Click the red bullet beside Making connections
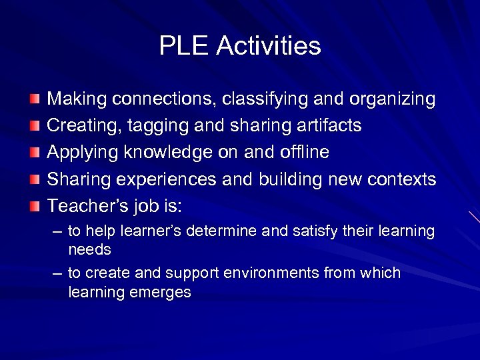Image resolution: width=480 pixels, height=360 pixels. point(34,100)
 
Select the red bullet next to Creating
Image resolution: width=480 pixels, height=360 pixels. point(34,127)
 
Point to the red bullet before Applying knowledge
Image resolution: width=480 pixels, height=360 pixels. point(34,153)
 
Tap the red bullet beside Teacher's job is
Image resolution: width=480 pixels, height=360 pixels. point(34,207)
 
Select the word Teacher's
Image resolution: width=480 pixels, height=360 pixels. point(87,207)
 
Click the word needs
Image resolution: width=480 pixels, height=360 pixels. point(89,250)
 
